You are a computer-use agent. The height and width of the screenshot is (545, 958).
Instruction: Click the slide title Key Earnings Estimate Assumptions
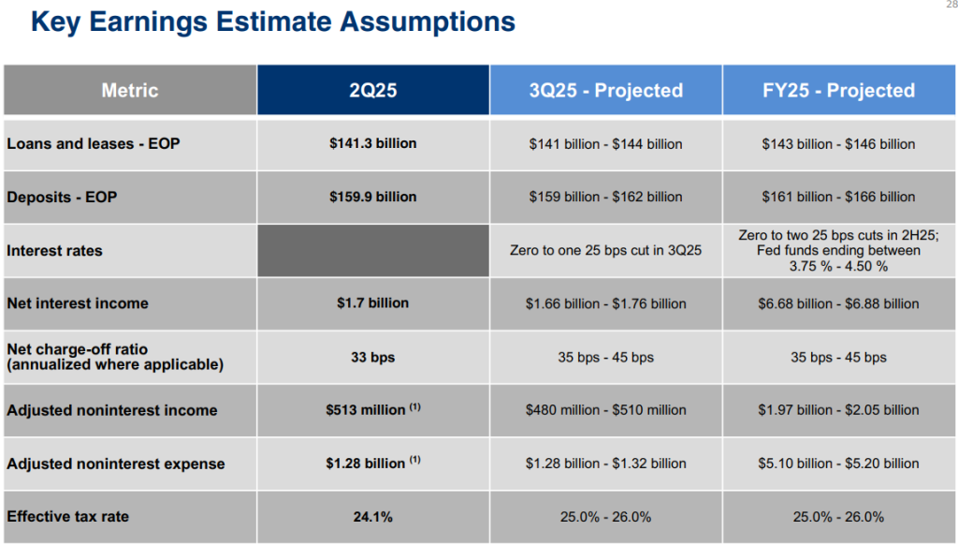pos(272,22)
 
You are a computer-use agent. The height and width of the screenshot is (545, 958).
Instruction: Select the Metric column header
pos(130,91)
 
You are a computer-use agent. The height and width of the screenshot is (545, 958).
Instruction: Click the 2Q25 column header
pos(373,91)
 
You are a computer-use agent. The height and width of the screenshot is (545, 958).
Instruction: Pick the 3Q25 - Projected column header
pos(605,91)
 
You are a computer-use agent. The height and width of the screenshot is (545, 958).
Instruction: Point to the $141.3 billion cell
pos(373,143)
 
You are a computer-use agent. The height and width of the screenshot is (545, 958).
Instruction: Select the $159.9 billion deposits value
pos(373,197)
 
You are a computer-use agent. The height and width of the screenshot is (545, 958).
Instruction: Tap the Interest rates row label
pos(55,251)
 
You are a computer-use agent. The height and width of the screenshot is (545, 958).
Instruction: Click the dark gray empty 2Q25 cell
pos(373,250)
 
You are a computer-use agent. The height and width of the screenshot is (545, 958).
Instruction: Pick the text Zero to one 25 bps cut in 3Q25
pos(605,251)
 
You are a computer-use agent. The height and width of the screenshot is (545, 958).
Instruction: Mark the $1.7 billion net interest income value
pos(373,303)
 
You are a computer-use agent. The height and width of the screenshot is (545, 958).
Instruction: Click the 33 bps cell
pos(373,357)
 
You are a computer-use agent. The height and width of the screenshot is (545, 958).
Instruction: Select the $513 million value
pos(366,410)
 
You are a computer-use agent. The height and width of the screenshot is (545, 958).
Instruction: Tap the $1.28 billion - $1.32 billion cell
pos(605,464)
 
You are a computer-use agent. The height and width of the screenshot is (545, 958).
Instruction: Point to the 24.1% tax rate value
pos(373,517)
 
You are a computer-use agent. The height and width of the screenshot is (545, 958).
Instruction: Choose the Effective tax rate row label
pos(68,517)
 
